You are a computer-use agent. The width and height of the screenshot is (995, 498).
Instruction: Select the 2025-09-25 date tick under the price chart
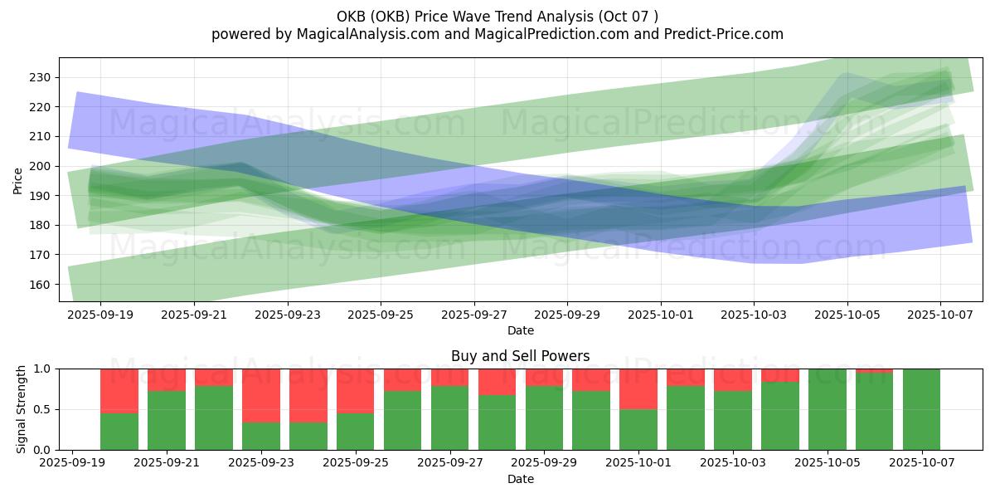[381, 315]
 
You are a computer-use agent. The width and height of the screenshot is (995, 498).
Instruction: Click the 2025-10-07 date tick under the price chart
[940, 315]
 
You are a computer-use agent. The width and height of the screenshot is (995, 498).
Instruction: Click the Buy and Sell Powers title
[520, 356]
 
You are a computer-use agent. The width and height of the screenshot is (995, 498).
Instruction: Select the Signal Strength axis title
[22, 409]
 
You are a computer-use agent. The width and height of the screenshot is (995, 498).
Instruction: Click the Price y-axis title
[18, 180]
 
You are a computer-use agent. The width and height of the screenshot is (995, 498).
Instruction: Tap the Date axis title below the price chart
[520, 330]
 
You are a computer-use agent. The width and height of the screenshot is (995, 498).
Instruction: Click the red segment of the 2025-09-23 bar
[261, 395]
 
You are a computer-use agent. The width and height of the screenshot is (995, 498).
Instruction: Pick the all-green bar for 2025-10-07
[921, 408]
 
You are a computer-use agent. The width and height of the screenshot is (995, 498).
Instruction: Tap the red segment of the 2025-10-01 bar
[638, 388]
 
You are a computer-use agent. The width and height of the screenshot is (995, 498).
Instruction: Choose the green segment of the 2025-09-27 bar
[449, 417]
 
